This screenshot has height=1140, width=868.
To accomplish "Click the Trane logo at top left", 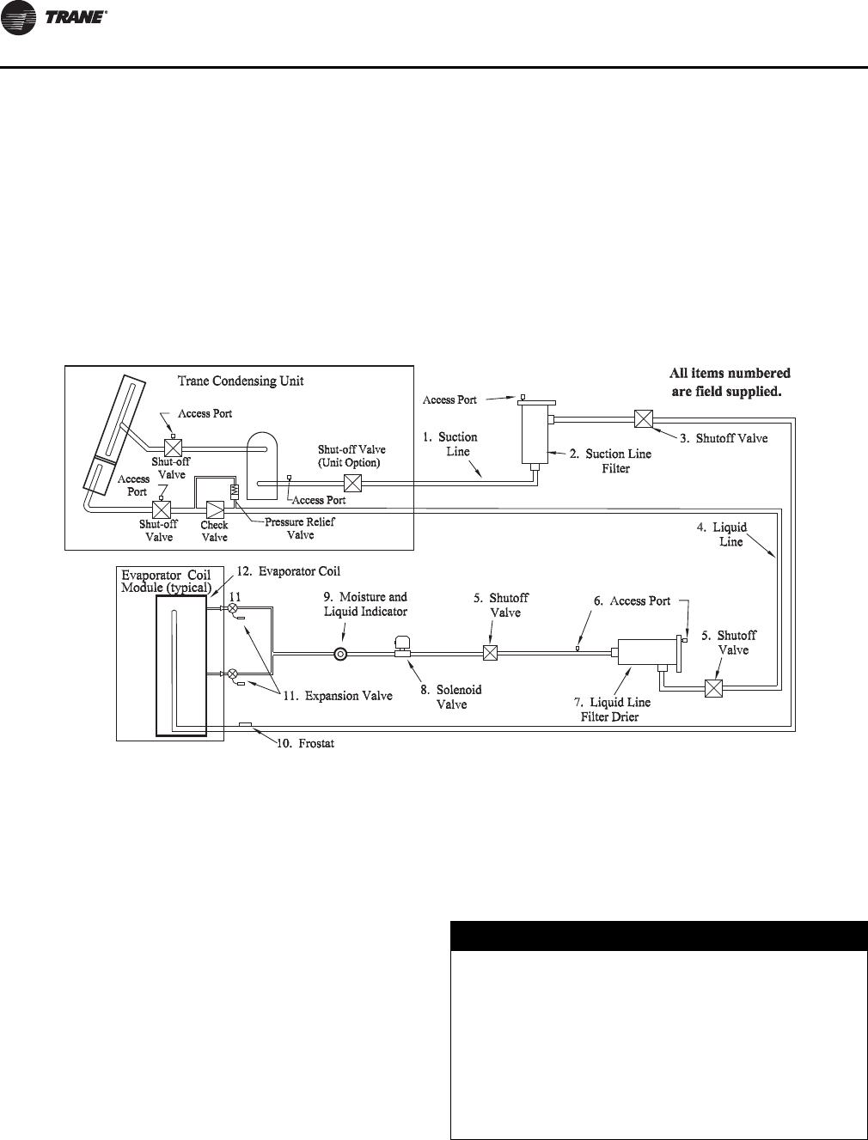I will pyautogui.click(x=55, y=21).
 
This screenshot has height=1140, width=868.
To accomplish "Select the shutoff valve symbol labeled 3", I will pyautogui.click(x=643, y=419).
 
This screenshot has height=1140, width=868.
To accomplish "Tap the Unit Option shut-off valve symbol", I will pyautogui.click(x=351, y=483).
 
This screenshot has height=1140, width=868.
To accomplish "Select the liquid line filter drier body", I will pyautogui.click(x=645, y=653).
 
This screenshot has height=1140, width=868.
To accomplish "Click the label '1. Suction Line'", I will pyautogui.click(x=451, y=444).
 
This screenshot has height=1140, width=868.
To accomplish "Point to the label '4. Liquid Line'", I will pyautogui.click(x=723, y=534).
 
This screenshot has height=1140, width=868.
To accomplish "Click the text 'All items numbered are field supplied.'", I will pyautogui.click(x=730, y=381).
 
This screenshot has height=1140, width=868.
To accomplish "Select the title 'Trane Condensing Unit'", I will pyautogui.click(x=240, y=381).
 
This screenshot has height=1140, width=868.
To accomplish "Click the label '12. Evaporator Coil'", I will pyautogui.click(x=281, y=571).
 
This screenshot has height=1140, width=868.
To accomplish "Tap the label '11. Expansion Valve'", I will pyautogui.click(x=338, y=696).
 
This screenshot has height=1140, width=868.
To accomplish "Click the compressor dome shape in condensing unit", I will pyautogui.click(x=263, y=464).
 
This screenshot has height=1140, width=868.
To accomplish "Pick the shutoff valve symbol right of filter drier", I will pyautogui.click(x=712, y=688).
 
